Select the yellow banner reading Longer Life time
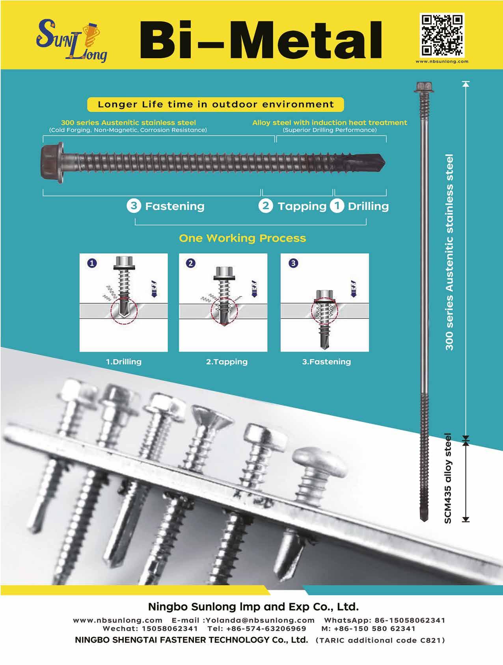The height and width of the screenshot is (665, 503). tap(215, 104)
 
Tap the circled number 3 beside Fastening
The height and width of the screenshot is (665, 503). tap(134, 206)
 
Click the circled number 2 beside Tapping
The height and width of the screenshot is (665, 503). tap(266, 206)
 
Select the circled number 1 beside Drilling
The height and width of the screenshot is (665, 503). tap(337, 206)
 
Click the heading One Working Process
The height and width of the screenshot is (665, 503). tap(242, 238)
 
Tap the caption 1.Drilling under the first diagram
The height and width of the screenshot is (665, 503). tap(123, 361)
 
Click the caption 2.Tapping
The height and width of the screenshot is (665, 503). tap(227, 361)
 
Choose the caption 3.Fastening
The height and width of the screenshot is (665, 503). tap(326, 361)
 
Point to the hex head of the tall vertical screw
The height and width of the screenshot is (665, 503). tap(424, 87)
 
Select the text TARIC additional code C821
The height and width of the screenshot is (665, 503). tap(381, 640)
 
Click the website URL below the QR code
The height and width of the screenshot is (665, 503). tap(442, 61)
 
